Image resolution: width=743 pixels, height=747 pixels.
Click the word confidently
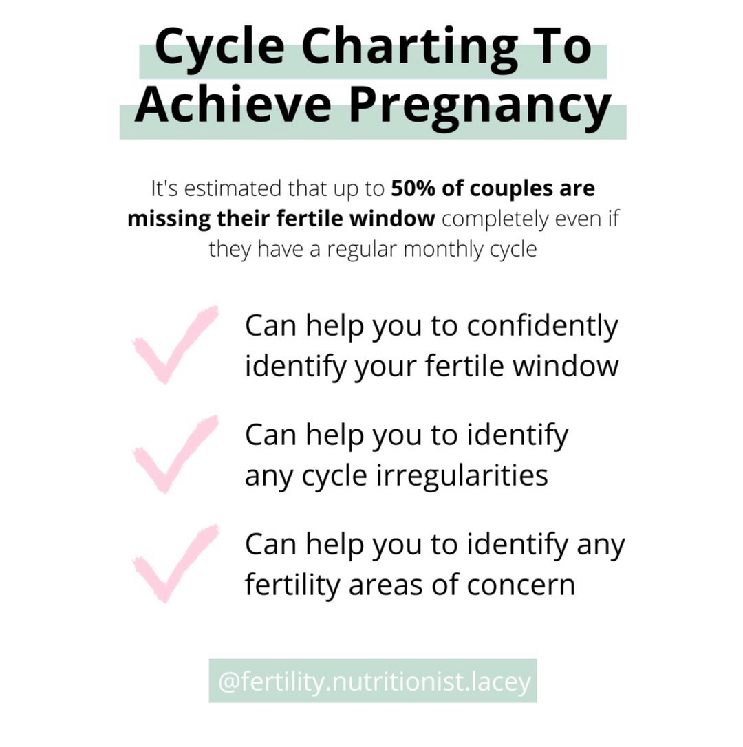point(543,327)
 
